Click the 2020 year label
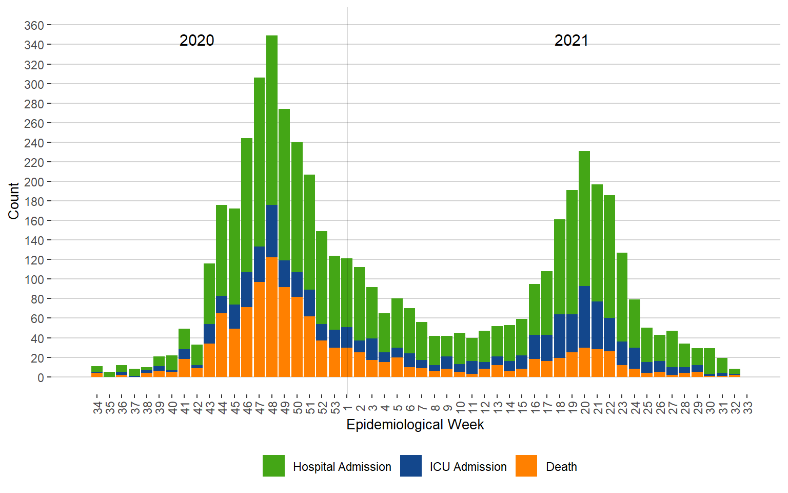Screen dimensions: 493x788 coord(196,41)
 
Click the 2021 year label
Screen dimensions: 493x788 coord(571,41)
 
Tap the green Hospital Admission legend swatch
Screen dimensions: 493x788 coord(273,466)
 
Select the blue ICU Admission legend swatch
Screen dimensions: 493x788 coord(411,466)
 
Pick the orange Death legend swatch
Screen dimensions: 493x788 coord(526,466)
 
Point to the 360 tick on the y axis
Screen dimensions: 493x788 coord(34,25)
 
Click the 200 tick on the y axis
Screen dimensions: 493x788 coord(34,182)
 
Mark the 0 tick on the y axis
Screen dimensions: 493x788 coord(41,377)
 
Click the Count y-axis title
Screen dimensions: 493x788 coord(14,201)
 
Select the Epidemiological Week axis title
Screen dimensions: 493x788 coord(415,425)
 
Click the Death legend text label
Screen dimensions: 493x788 coord(561,467)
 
